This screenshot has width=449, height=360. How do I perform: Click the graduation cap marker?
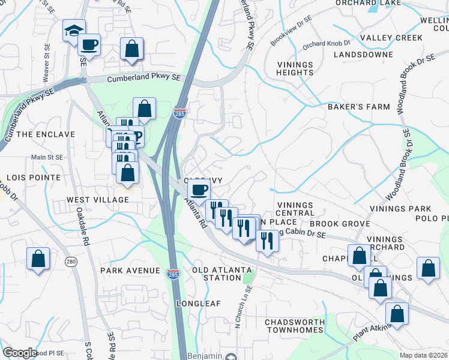[x=74, y=31]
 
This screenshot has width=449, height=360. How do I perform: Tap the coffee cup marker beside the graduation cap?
[x=89, y=45]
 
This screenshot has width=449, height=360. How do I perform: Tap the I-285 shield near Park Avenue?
[x=172, y=273]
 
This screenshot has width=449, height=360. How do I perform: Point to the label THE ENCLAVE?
[x=37, y=134]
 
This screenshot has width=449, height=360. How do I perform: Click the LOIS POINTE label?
[x=34, y=178]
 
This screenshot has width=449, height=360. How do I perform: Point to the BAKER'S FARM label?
[x=358, y=107]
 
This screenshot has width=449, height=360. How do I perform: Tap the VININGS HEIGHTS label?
[x=295, y=68]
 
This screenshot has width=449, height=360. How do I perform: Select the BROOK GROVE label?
[x=348, y=223]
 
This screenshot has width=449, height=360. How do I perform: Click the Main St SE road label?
[x=47, y=157]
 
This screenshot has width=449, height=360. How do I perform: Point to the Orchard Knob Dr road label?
[x=326, y=44]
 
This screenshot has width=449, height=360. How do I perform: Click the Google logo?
[x=20, y=353]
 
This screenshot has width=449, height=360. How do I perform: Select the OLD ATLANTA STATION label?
[x=217, y=274]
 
